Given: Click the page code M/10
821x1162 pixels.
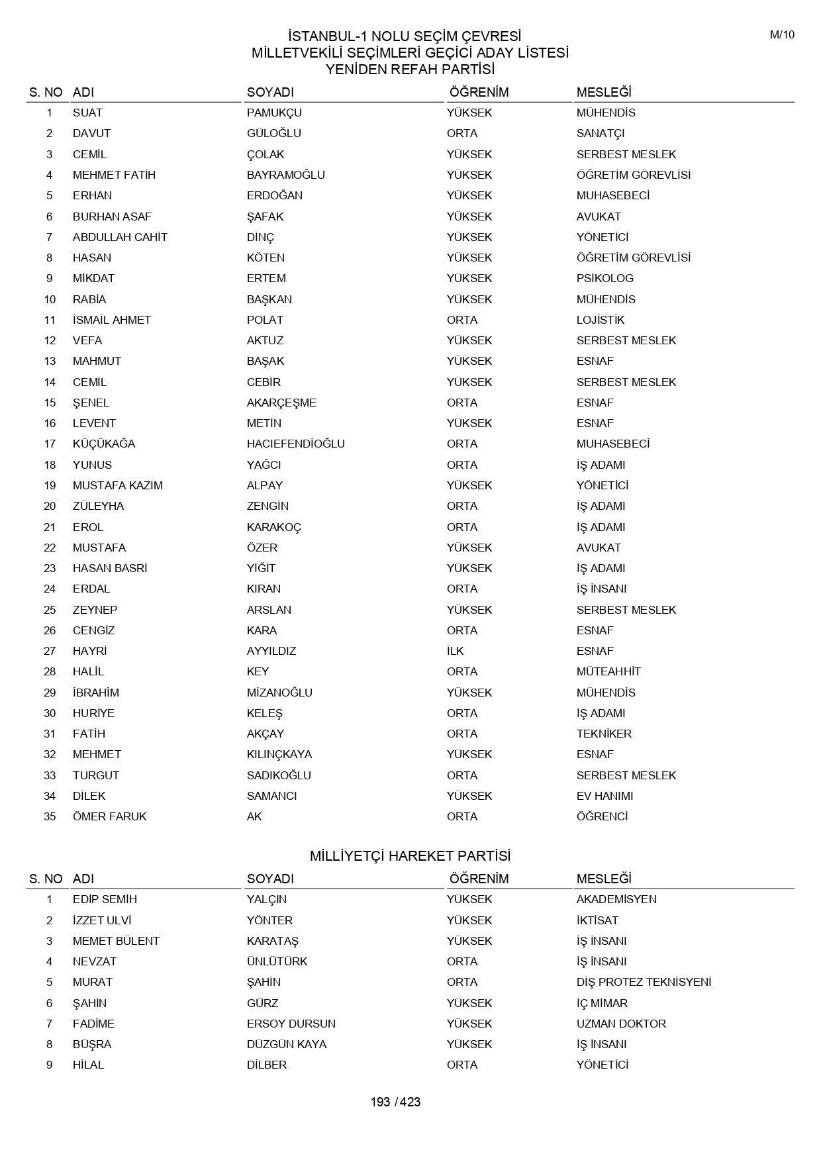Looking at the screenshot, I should tap(782, 35).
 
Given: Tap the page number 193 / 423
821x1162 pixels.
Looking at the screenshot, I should tap(395, 1102).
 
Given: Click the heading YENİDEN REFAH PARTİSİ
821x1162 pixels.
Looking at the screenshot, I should tap(410, 70).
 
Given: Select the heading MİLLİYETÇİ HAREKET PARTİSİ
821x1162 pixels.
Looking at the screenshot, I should tap(410, 856).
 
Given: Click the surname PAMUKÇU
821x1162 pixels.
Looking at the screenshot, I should tap(274, 113).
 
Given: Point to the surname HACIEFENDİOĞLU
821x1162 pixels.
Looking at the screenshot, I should tap(295, 444).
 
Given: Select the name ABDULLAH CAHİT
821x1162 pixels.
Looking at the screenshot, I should tap(120, 237).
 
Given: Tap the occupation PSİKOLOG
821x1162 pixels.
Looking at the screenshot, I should tap(604, 278).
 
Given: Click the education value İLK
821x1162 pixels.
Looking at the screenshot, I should tap(456, 651).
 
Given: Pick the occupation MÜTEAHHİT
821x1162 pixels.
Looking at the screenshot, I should tap(608, 671).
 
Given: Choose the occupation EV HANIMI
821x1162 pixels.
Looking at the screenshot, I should tap(604, 796).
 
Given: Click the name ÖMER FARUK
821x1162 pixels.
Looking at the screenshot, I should tap(109, 816).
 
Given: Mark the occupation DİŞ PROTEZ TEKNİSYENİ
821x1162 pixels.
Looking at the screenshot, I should tap(644, 982).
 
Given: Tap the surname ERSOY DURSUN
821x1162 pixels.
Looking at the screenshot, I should tap(291, 1024).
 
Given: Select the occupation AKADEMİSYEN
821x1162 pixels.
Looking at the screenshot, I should tap(616, 899).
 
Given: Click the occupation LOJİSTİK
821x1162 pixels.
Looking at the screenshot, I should tap(600, 320).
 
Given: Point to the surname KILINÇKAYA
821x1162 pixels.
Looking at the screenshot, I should tap(279, 754).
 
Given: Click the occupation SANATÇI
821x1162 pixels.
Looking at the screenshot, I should tap(600, 133).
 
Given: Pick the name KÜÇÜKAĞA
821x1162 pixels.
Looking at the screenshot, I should tap(104, 444).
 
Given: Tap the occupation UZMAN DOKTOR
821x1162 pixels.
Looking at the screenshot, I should tap(621, 1024).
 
